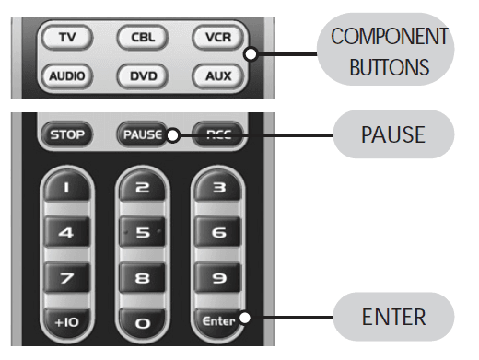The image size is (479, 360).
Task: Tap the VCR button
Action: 219,38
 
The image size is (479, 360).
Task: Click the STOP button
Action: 67,135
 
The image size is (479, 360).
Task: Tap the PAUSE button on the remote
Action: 141,135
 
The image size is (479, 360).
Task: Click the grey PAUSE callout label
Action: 393,134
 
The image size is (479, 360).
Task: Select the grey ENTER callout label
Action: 393,318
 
